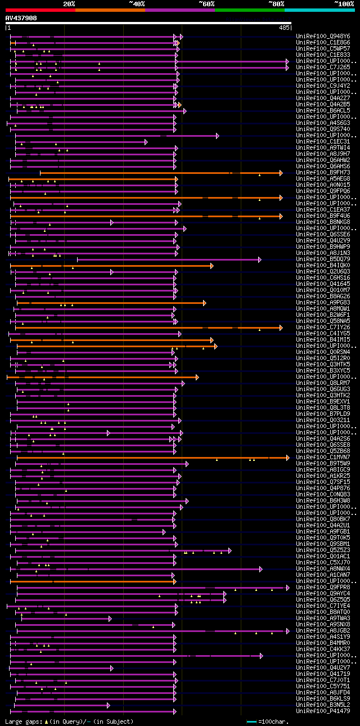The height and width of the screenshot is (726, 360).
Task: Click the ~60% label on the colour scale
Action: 206,4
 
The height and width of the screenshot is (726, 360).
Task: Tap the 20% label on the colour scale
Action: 69,4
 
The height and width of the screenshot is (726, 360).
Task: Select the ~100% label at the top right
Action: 344,4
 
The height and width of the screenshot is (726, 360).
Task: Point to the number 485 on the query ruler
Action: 283,28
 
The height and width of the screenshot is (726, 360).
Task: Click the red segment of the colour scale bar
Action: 40,10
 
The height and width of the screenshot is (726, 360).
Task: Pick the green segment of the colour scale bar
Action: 249,10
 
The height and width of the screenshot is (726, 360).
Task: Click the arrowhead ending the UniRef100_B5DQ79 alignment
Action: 260,259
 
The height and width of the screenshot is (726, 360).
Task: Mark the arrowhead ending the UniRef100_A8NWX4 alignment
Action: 260,569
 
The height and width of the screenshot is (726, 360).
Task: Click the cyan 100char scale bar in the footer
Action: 251,721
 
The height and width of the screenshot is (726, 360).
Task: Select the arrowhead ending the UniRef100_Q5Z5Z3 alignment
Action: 229,550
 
